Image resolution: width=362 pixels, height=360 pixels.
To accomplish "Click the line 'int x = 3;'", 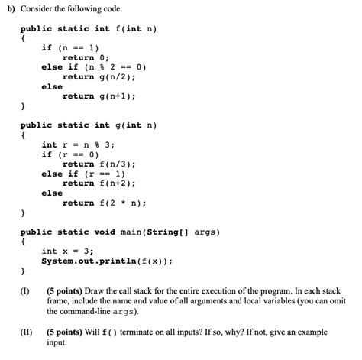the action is [67, 251].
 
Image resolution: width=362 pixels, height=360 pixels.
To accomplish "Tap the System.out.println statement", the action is [106, 261].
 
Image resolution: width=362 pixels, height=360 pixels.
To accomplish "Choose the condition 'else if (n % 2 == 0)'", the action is [93, 67].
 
